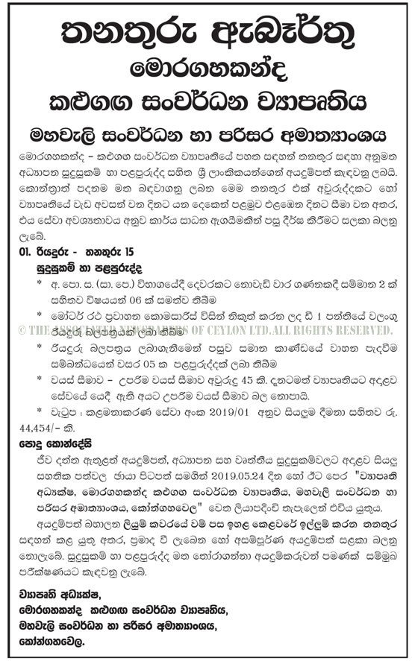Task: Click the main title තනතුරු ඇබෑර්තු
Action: [x=205, y=32]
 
